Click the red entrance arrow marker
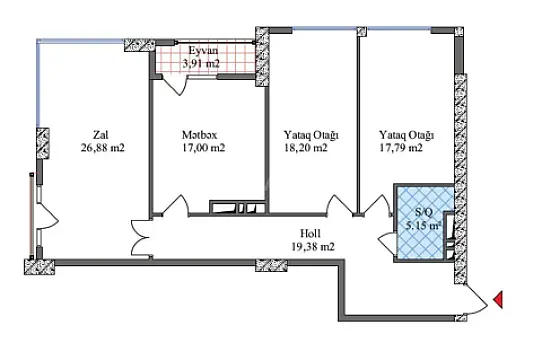click(x=499, y=299)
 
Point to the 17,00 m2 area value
click(x=204, y=148)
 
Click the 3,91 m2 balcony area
click(x=202, y=64)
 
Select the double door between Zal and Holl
click(x=138, y=239)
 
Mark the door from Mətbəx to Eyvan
click(x=176, y=83)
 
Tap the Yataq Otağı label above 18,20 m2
click(x=306, y=134)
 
